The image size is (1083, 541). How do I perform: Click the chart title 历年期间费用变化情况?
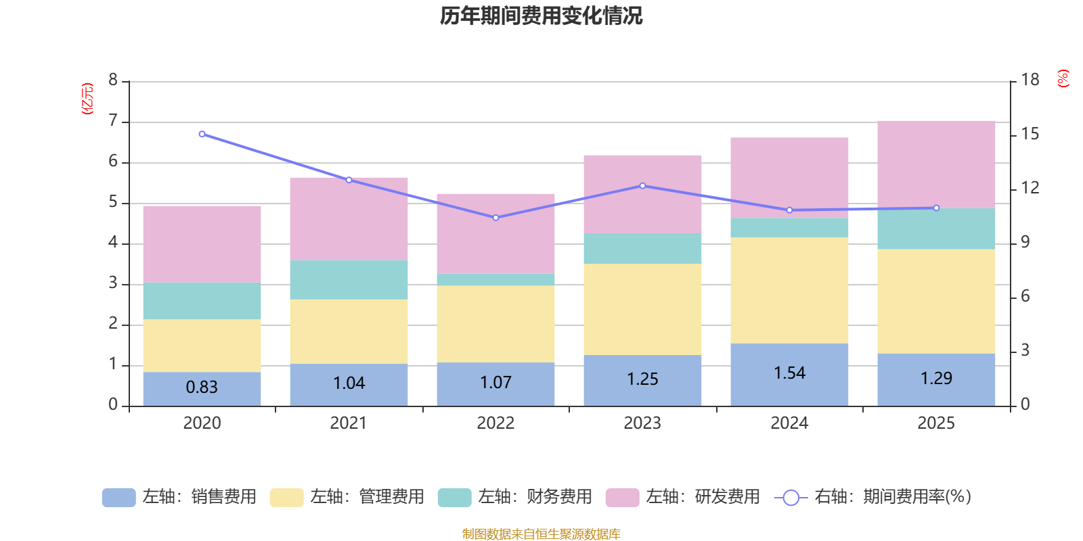click(541, 16)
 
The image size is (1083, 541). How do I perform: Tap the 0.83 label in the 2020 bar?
click(202, 387)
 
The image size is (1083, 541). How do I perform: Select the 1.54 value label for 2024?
click(789, 373)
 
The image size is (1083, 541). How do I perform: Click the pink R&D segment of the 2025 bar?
click(936, 164)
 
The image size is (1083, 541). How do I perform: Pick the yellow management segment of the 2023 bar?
click(642, 309)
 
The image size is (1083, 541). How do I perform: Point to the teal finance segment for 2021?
click(349, 280)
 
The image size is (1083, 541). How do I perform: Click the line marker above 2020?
click(202, 134)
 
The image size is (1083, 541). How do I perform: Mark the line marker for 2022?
click(495, 218)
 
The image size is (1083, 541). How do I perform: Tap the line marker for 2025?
click(936, 208)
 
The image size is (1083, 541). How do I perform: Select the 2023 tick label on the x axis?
click(642, 423)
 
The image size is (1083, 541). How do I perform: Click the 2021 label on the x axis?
click(349, 423)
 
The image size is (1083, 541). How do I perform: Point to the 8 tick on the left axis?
click(113, 80)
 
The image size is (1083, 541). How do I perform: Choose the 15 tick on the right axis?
click(1030, 134)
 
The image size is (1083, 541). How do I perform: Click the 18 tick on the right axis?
click(1030, 80)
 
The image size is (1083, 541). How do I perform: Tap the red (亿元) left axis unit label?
click(87, 99)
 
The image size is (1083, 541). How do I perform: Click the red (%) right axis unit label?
click(1063, 78)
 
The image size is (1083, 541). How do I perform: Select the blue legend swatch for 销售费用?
click(118, 497)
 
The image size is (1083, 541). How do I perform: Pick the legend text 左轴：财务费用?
click(535, 497)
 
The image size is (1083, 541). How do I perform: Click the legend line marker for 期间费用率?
click(791, 498)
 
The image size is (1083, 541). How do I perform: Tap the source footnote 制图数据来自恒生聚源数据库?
click(541, 534)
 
